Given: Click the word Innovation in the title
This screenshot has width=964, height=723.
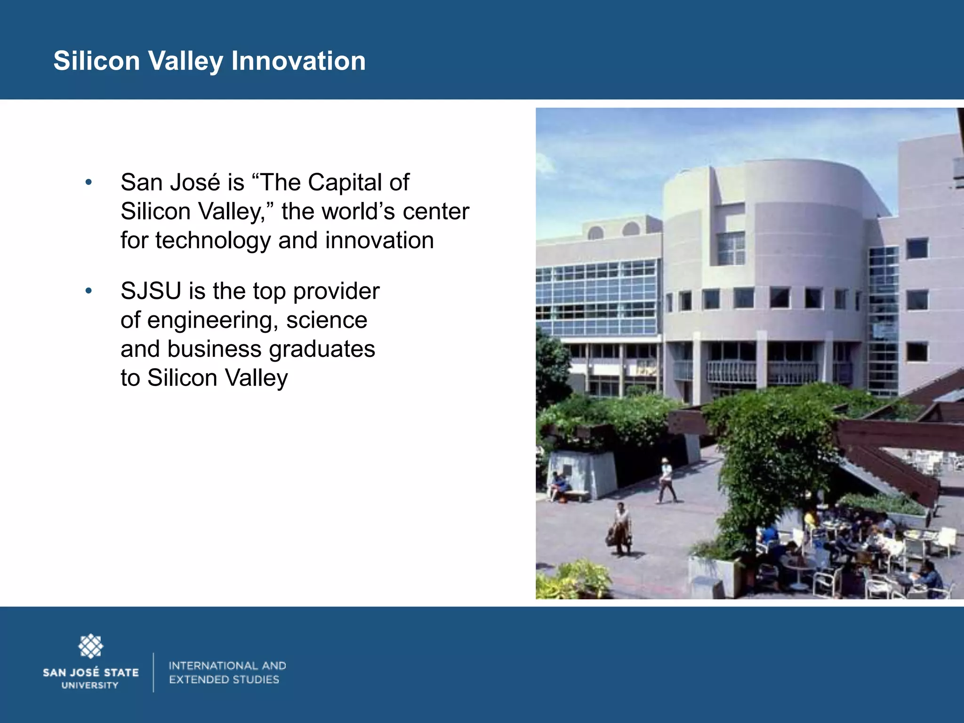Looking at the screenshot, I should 298,61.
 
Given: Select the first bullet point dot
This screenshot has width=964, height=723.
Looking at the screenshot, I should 88,182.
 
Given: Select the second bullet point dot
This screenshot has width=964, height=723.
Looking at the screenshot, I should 88,291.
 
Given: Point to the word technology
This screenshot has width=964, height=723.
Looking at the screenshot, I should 213,241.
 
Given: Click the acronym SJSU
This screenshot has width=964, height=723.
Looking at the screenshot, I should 151,291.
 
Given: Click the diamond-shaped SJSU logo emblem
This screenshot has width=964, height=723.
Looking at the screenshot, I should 90,646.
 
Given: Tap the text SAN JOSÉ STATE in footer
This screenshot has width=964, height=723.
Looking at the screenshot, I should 91,673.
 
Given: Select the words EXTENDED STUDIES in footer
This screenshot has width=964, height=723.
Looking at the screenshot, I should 224,680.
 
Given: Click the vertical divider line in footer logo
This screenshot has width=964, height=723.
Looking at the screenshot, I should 153,672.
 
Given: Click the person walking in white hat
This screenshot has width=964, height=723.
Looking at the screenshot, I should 666,480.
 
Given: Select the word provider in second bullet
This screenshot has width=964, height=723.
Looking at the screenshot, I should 336,291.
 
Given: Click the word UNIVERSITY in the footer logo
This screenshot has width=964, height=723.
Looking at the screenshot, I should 90,685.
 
